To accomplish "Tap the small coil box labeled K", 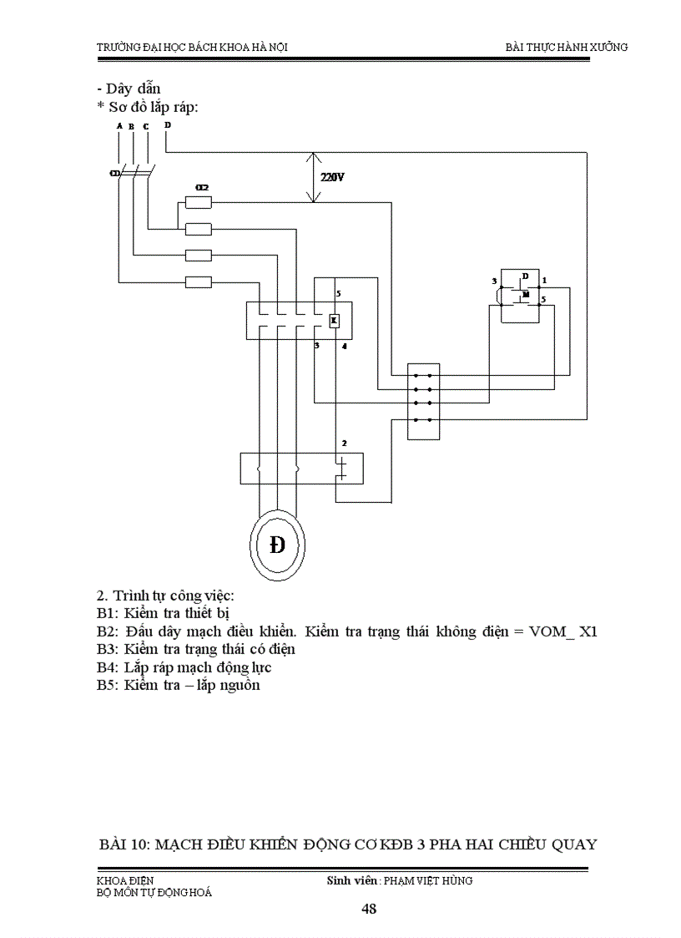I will pos(334,321).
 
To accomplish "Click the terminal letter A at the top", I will pos(119,126).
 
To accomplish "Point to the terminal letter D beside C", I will pos(167,125).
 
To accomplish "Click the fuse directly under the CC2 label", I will pos(198,202).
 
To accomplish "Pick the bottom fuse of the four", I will pos(198,282).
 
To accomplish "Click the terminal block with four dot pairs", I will pos(423,401).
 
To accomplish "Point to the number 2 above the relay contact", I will pos(343,442).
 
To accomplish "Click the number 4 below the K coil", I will pos(345,345).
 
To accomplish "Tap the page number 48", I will pos(369,910).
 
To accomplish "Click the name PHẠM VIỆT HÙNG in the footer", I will pos(427,880).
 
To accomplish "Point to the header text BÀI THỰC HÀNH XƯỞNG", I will pos(567,47).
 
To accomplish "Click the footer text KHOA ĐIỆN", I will pos(125,880).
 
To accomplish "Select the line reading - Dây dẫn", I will pos(129,89).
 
